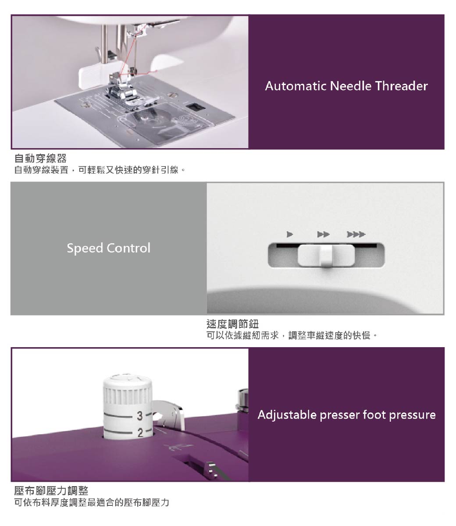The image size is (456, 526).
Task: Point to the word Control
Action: (x=128, y=248)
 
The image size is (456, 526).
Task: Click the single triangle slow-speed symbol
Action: (x=289, y=235)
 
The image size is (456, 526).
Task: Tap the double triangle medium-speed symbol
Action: (x=324, y=235)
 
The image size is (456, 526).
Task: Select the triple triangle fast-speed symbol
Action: (x=356, y=235)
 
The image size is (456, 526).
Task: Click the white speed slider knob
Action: (x=326, y=256)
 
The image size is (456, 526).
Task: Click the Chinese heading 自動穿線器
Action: (x=40, y=158)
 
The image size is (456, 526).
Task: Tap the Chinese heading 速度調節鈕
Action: (x=232, y=324)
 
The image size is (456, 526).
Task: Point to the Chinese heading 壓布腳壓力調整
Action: (x=51, y=490)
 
